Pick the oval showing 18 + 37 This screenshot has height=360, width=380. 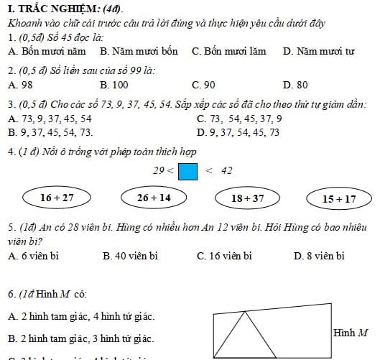coord(248,198)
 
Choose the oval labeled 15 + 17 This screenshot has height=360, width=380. coord(339,198)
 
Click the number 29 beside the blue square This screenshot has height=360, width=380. coord(159,171)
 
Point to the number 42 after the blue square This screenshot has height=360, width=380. coord(226,171)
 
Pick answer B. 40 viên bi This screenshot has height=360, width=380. coord(130,255)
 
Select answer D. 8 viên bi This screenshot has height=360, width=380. coord(320,255)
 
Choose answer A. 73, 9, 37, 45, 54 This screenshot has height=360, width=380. coord(50,119)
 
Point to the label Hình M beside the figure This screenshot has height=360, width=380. coord(351,333)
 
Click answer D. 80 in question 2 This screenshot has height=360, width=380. coord(295,85)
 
